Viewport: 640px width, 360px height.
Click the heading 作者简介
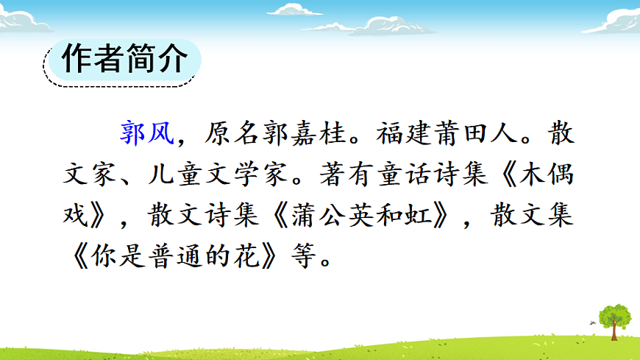[121, 61]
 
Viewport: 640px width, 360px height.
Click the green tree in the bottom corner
[614, 315]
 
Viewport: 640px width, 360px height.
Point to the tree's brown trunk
[614, 332]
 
